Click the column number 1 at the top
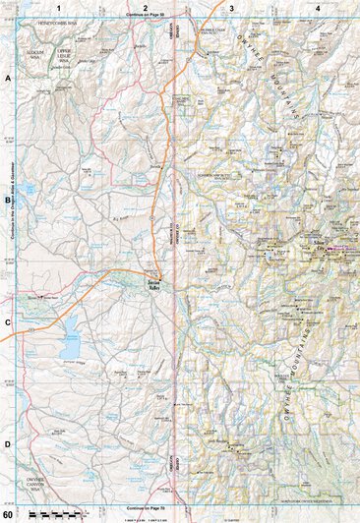click(x=59, y=8)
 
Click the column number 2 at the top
click(x=145, y=8)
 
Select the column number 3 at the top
click(x=231, y=8)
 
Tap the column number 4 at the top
click(x=317, y=8)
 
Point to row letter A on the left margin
click(x=8, y=77)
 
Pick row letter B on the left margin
click(x=8, y=200)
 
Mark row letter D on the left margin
click(x=8, y=443)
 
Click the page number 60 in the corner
click(x=8, y=515)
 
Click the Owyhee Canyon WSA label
click(x=43, y=481)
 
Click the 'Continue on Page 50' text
click(x=146, y=17)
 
